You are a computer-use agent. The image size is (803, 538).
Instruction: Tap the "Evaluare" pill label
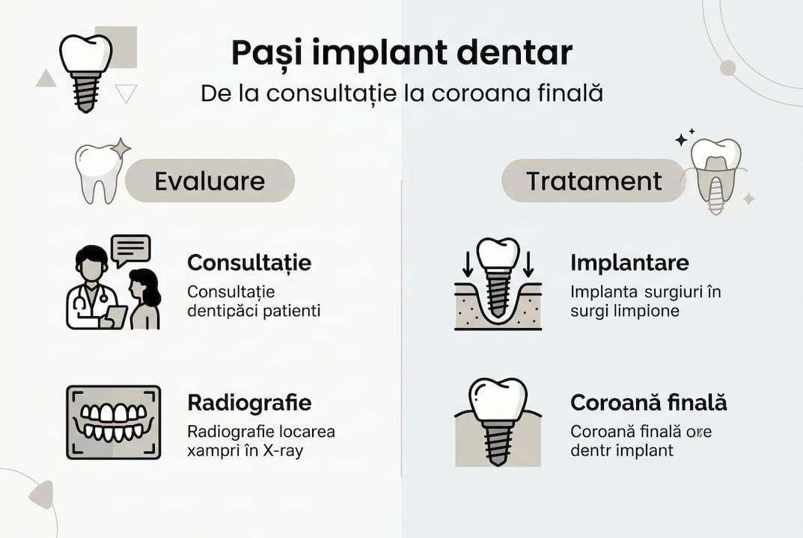(210, 181)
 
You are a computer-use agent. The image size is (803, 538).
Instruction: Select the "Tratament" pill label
(593, 181)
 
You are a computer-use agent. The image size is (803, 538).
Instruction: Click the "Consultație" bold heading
(249, 263)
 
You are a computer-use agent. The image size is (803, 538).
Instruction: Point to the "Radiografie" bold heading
(249, 403)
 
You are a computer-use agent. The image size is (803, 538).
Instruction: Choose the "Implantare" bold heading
(629, 263)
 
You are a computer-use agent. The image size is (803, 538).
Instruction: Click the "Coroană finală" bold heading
(649, 403)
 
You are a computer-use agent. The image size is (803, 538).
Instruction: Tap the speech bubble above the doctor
(130, 250)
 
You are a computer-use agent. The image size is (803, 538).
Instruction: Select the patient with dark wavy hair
(144, 299)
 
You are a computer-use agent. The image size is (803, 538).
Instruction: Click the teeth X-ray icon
(114, 422)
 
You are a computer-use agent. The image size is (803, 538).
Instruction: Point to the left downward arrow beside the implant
(468, 263)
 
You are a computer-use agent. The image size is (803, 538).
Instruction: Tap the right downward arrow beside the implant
(528, 263)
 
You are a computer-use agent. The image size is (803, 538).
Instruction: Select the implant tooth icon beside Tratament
(716, 174)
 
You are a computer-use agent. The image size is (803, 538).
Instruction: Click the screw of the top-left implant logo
(85, 91)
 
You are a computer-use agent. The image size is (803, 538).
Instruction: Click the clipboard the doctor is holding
(115, 317)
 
